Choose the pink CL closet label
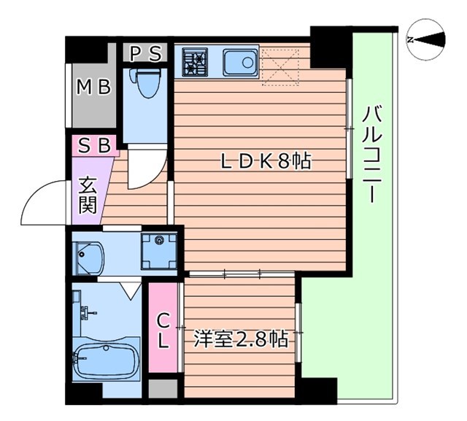tap(163, 330)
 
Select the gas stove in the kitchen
tap(195, 61)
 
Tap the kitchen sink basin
tap(239, 61)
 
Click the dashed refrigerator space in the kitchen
tap(281, 64)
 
